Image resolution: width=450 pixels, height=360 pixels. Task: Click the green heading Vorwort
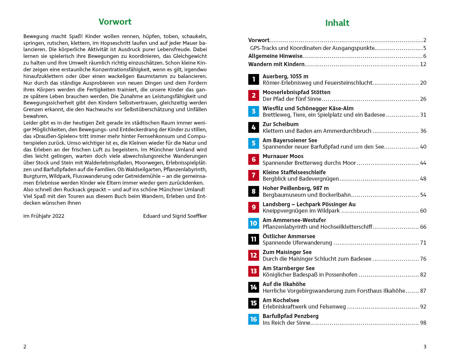(x=115, y=22)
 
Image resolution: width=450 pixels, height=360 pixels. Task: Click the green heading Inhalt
(x=337, y=23)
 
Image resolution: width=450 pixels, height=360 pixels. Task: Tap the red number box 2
(x=253, y=95)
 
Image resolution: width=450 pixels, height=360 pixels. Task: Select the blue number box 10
(x=253, y=223)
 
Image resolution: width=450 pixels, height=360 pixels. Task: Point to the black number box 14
(x=253, y=287)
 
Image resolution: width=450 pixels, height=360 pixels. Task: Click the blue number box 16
(x=253, y=319)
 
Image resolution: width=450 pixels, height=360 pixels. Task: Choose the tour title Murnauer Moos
(x=283, y=156)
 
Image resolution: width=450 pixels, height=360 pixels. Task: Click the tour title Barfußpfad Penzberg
(x=290, y=316)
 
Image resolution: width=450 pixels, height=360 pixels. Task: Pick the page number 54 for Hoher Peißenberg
(x=423, y=195)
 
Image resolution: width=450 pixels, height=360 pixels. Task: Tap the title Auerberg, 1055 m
(x=285, y=76)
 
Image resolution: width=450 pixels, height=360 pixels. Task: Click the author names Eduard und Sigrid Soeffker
(x=175, y=216)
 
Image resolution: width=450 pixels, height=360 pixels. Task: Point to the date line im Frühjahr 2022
(x=44, y=216)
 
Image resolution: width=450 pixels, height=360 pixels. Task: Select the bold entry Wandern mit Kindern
(x=276, y=64)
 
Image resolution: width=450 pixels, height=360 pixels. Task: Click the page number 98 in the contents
(x=423, y=323)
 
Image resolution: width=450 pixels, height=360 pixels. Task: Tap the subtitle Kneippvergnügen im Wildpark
(x=301, y=211)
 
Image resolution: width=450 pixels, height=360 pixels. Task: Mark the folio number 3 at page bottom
(x=425, y=347)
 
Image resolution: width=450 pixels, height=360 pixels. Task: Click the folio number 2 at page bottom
(x=25, y=347)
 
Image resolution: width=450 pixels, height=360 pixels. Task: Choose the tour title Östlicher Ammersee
(x=289, y=236)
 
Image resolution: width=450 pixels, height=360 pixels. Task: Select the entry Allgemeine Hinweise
(x=275, y=56)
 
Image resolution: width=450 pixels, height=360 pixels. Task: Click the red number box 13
(x=253, y=271)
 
